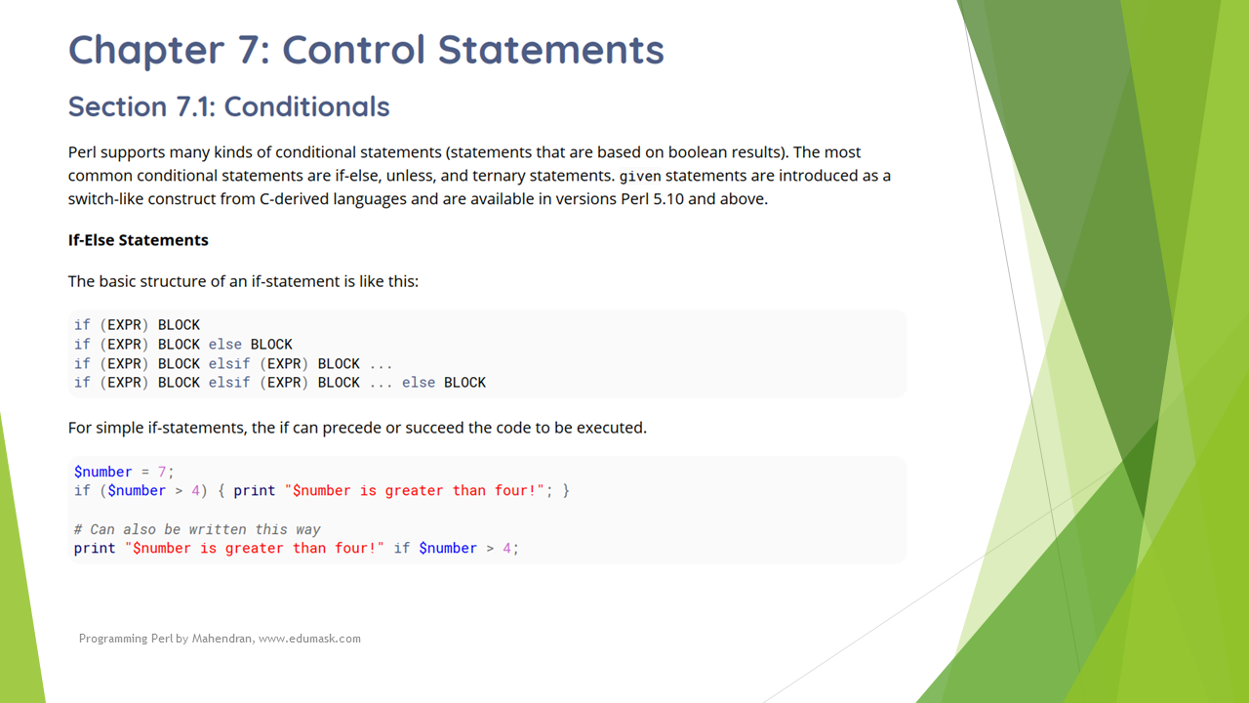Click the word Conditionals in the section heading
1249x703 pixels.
306,106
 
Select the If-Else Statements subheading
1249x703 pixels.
139,240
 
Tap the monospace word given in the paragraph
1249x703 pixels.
640,177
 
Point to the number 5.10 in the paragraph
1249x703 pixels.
668,199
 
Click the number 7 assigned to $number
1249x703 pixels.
162,472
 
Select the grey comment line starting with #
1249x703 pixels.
197,529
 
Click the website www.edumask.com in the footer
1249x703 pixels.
309,639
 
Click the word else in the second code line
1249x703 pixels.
225,345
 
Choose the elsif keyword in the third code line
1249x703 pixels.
229,364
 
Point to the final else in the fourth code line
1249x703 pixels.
419,383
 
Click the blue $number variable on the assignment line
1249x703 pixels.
103,472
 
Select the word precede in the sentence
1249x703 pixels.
351,428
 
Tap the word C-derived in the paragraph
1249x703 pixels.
294,199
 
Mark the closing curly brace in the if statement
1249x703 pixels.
566,491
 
